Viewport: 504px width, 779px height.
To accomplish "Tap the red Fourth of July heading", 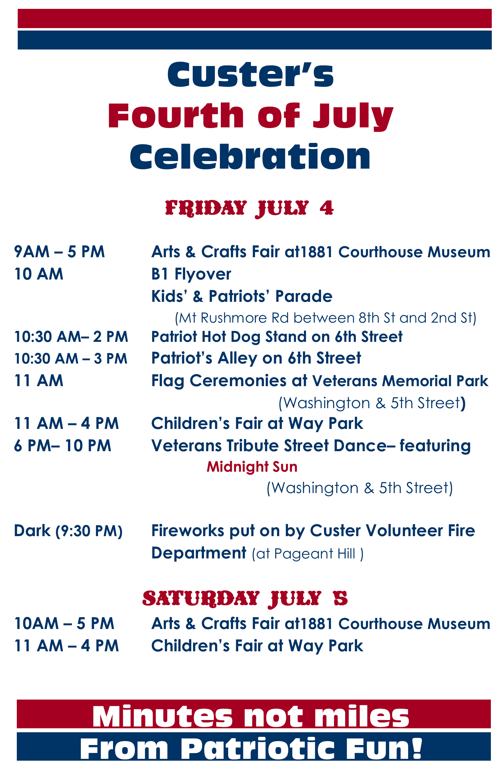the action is point(250,116).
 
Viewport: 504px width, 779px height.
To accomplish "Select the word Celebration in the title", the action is point(250,156).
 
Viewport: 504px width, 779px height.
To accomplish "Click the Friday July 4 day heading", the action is point(249,208).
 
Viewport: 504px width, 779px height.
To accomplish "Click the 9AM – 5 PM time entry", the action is point(59,252).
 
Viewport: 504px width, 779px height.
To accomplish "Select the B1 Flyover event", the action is point(191,274).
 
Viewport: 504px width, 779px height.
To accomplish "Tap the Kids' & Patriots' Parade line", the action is point(242,296).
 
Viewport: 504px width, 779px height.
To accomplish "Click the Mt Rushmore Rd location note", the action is point(326,318).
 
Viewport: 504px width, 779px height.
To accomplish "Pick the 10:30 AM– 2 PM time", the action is point(71,337).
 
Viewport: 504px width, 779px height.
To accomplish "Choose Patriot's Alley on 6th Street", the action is point(256,358).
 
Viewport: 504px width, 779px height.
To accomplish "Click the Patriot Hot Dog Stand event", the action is point(277,337).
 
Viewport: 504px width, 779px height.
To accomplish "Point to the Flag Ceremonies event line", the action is point(320,381).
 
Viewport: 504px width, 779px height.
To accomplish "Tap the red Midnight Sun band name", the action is point(252,467).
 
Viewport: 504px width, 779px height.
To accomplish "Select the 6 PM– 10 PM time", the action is point(63,446).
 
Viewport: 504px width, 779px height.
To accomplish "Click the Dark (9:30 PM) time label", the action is point(68,531).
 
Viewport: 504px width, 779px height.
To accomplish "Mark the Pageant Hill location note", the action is point(308,554).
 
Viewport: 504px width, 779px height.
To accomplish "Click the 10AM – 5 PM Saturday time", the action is point(64,624).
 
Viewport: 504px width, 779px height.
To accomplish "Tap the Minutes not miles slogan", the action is point(251,717).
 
